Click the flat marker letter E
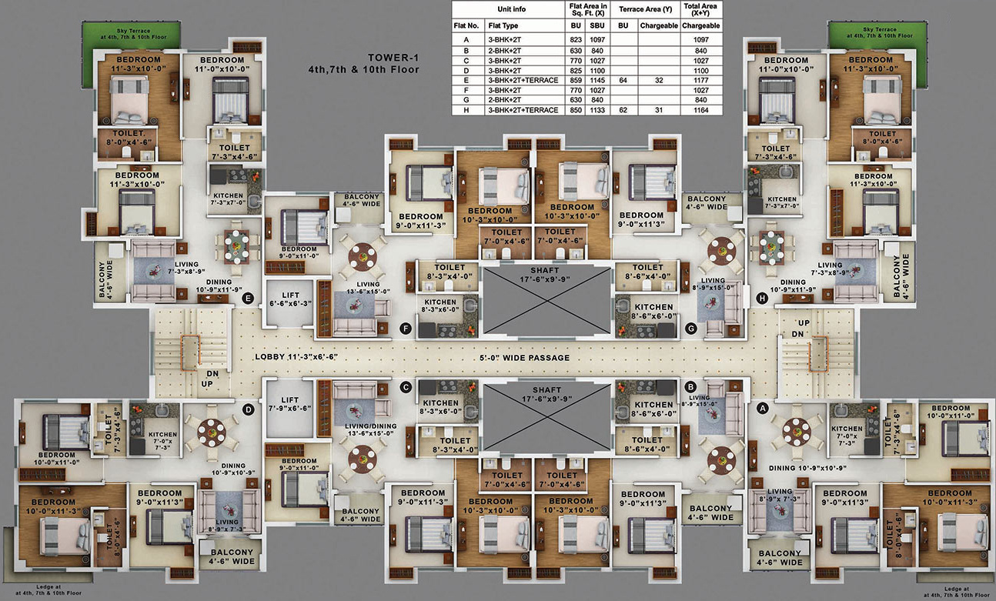tap(248, 299)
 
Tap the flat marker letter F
tap(406, 329)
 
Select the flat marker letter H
tap(761, 299)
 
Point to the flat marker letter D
tap(249, 409)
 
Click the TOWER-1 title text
tap(393, 63)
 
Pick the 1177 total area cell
tap(700, 79)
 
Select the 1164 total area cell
tap(700, 110)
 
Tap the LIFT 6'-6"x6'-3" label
tap(288, 299)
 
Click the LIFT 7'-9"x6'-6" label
tap(289, 405)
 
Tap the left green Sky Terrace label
tap(131, 33)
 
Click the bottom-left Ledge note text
tap(43, 591)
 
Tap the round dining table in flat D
tap(211, 432)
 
